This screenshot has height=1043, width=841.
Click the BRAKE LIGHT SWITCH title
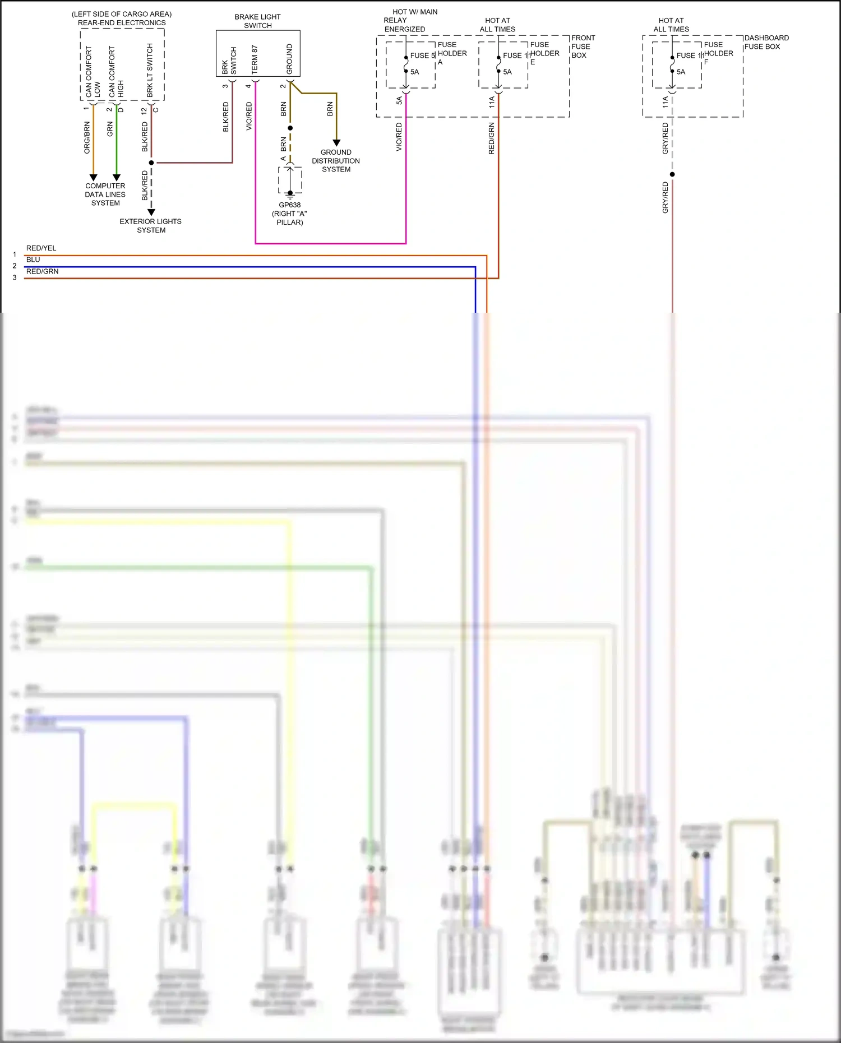pyautogui.click(x=257, y=21)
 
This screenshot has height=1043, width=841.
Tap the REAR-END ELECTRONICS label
pyautogui.click(x=122, y=23)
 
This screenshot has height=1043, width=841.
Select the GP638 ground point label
pyautogui.click(x=290, y=205)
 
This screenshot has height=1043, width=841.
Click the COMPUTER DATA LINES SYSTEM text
pyautogui.click(x=105, y=194)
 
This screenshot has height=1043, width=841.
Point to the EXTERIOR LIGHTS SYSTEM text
pyautogui.click(x=151, y=226)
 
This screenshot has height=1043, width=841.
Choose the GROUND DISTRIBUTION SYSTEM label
pyautogui.click(x=336, y=161)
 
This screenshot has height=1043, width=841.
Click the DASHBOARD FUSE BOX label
pyautogui.click(x=766, y=42)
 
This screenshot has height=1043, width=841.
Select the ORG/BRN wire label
pyautogui.click(x=87, y=137)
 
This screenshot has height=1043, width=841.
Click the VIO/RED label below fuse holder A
pyautogui.click(x=399, y=137)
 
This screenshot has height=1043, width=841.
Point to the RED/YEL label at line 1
pyautogui.click(x=41, y=248)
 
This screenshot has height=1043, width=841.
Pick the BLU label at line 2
pyautogui.click(x=33, y=259)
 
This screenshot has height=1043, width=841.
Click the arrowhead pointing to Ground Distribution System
pyautogui.click(x=336, y=143)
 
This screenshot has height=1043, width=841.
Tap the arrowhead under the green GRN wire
pyautogui.click(x=117, y=177)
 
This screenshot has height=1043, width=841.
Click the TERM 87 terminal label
pyautogui.click(x=255, y=59)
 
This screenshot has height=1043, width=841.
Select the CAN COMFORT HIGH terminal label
pyautogui.click(x=115, y=72)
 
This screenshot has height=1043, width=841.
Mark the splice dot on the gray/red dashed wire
pyautogui.click(x=672, y=174)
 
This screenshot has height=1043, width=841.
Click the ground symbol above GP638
pyautogui.click(x=290, y=194)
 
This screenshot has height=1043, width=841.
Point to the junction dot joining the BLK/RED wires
pyautogui.click(x=151, y=163)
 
